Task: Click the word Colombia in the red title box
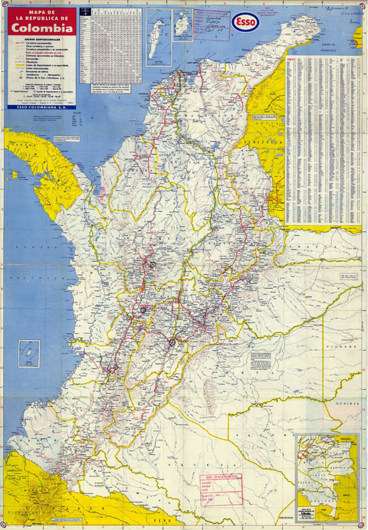[x=43, y=28]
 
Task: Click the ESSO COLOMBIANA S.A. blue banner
[x=43, y=106]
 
